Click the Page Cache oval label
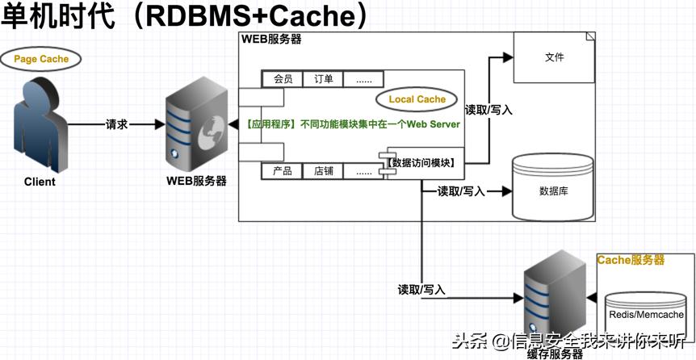[41, 59]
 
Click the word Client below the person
[40, 182]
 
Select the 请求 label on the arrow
[117, 125]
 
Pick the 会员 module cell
[283, 79]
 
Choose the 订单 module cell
[324, 79]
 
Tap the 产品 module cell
[283, 171]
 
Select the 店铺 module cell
[324, 171]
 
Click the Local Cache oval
[417, 99]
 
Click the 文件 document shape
[555, 58]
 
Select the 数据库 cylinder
[554, 190]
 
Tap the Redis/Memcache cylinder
[645, 315]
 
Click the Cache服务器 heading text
[631, 260]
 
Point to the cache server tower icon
[554, 299]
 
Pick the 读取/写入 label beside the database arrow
[461, 191]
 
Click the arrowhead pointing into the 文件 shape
[508, 57]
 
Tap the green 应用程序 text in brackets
[271, 125]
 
